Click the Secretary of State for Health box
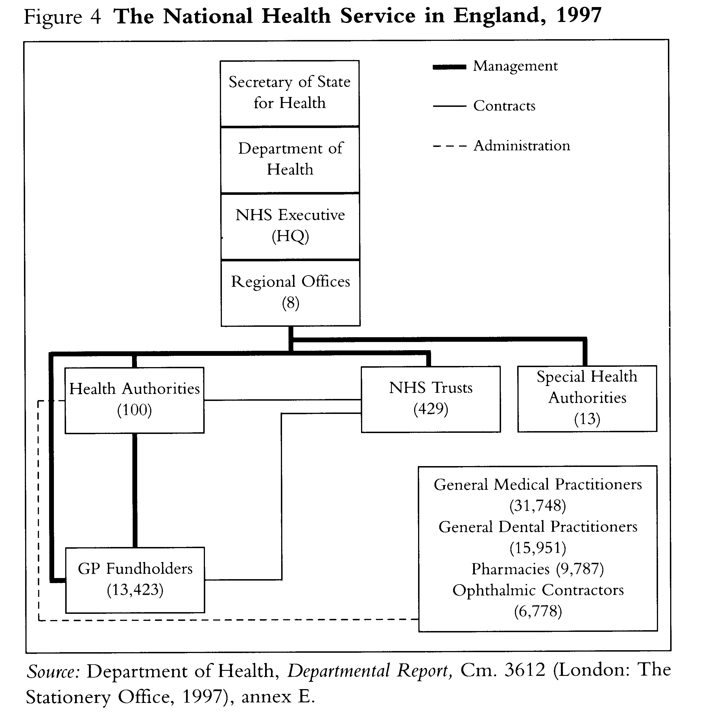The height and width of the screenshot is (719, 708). (x=289, y=93)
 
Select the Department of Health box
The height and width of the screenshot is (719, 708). (x=290, y=159)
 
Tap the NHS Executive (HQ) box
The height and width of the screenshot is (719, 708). (x=290, y=226)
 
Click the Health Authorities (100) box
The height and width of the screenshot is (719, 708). (x=134, y=400)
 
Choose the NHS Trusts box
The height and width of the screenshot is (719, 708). (x=431, y=399)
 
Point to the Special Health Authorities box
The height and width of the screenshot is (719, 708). (x=587, y=398)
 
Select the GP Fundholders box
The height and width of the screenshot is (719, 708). (x=135, y=580)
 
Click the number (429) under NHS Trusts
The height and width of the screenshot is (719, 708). (x=431, y=409)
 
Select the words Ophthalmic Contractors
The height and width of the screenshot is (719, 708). (x=538, y=590)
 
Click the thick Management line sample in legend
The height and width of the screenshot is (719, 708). (x=449, y=67)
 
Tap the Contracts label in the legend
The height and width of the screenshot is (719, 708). (x=504, y=106)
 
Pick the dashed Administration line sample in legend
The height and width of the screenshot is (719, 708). (x=449, y=146)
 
